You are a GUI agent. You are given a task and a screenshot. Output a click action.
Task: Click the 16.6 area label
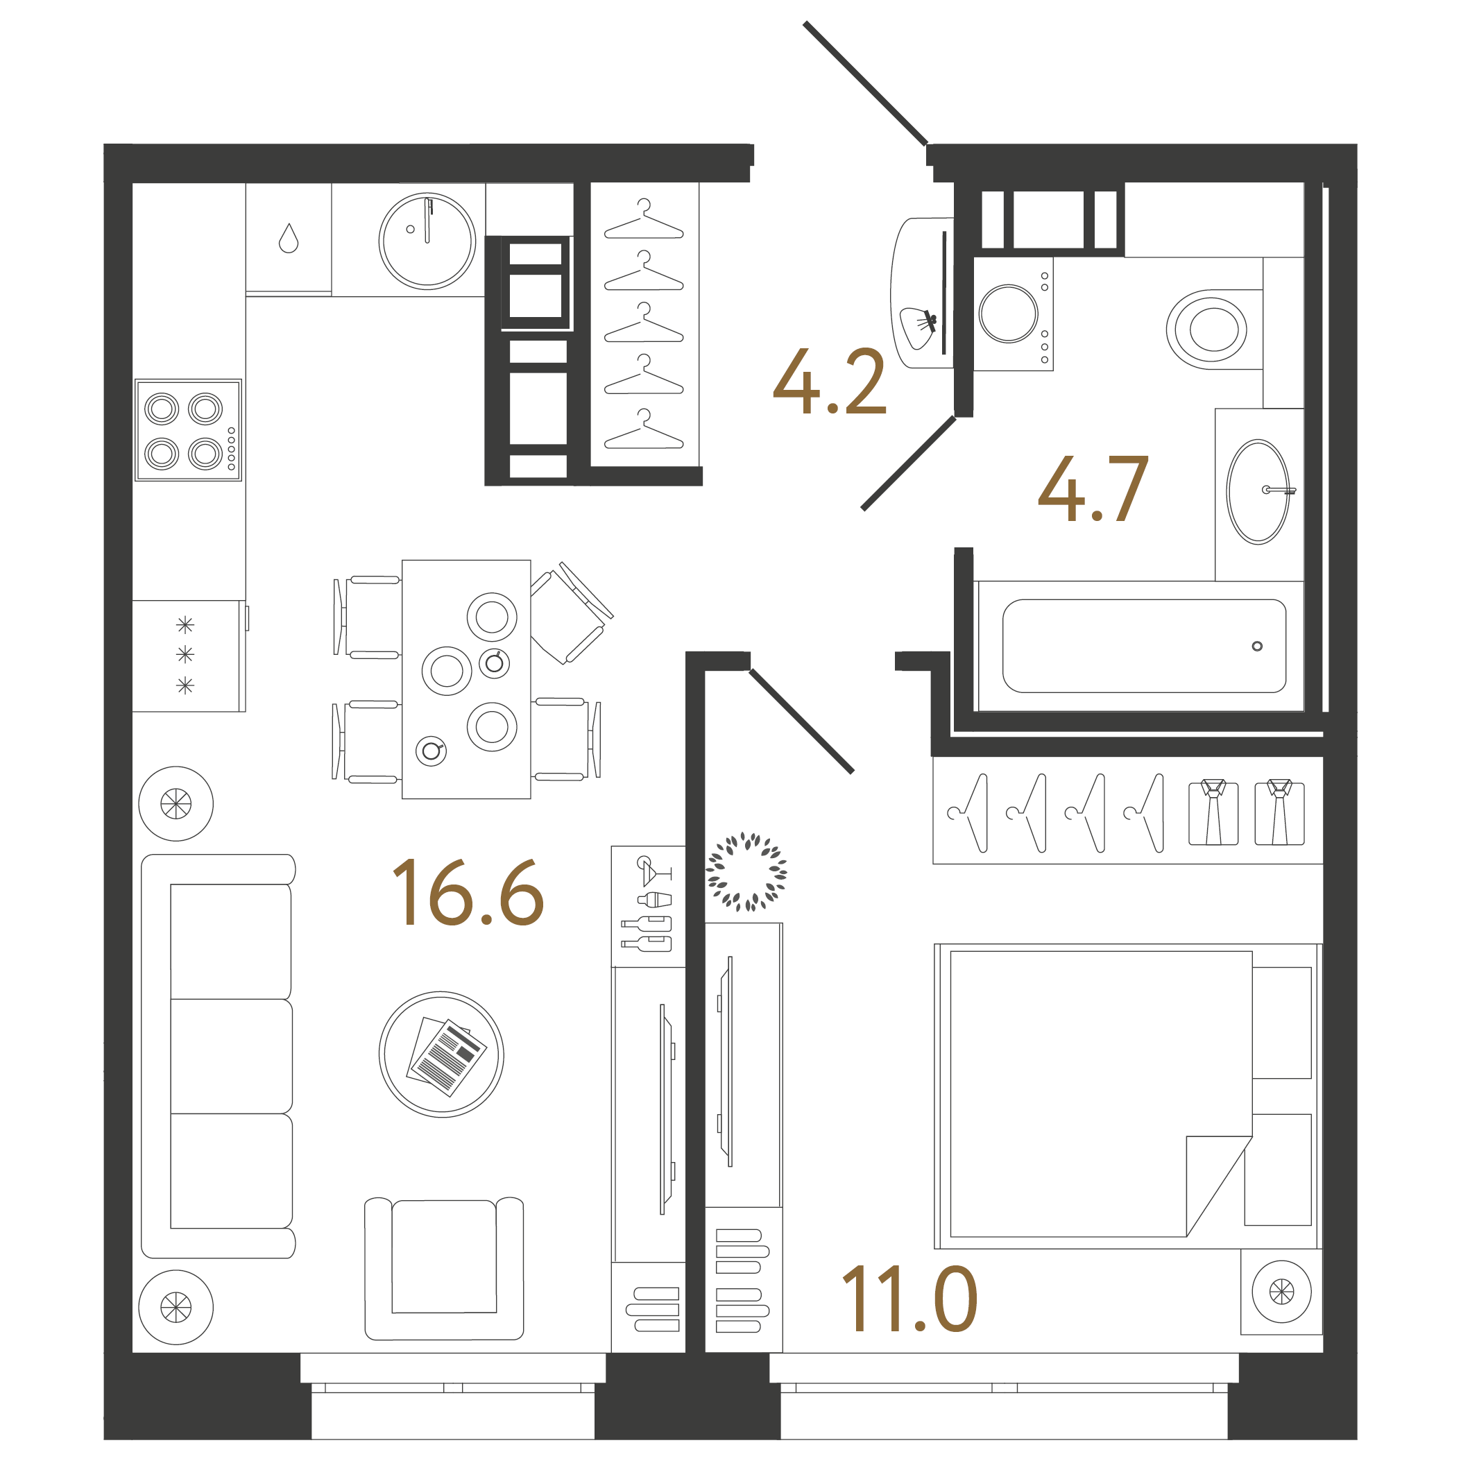(x=468, y=893)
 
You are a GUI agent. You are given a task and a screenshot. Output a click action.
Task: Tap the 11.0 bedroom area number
(x=909, y=1300)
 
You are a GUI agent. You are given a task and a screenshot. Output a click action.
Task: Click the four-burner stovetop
(x=188, y=430)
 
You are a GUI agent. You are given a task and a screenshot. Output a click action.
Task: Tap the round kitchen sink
(x=427, y=241)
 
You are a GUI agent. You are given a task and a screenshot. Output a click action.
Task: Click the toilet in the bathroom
(x=1208, y=330)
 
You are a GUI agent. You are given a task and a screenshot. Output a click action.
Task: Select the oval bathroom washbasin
(x=1258, y=492)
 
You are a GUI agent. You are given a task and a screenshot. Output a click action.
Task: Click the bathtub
(x=1143, y=646)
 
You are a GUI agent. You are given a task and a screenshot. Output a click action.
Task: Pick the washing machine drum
(x=1008, y=313)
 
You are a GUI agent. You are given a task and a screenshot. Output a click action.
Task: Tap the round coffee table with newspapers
(x=441, y=1054)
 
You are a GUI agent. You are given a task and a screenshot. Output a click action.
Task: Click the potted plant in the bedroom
(x=746, y=872)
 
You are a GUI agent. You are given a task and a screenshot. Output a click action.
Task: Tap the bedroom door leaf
(x=801, y=721)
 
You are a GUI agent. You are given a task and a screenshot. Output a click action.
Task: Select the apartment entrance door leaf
(x=866, y=83)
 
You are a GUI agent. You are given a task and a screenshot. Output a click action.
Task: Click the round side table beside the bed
(x=1281, y=1292)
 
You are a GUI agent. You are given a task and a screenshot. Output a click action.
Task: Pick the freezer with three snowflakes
(x=186, y=655)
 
